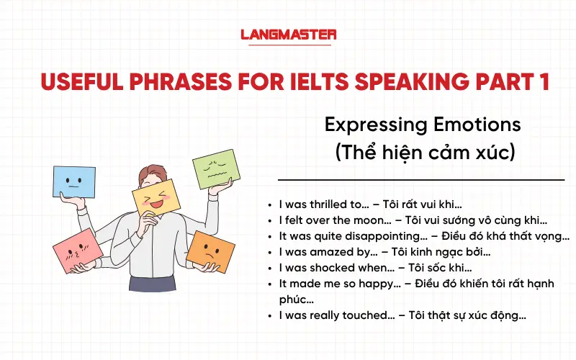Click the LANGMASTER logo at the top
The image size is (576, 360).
[288, 34]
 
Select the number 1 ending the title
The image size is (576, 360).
[544, 81]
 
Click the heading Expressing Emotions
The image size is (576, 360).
[423, 125]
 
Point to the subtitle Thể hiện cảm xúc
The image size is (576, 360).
[422, 153]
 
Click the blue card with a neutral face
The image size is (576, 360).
[73, 181]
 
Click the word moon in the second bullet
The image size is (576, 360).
[364, 220]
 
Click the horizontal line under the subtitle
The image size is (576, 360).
[421, 179]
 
